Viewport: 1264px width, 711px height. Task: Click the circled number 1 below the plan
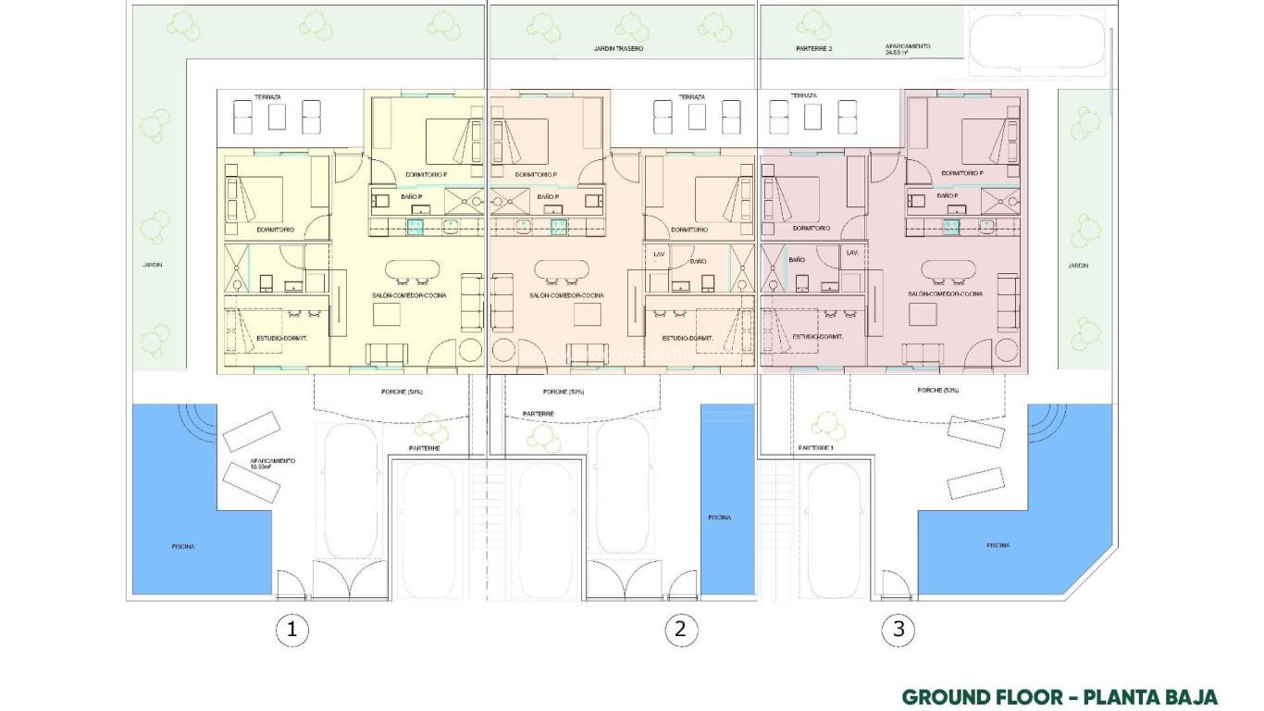pyautogui.click(x=292, y=630)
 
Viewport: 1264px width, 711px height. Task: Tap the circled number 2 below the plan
pyautogui.click(x=680, y=630)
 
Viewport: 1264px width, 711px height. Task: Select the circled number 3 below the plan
pyautogui.click(x=898, y=630)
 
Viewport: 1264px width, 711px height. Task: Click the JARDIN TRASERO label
pyautogui.click(x=618, y=48)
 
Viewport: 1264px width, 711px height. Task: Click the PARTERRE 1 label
pyautogui.click(x=816, y=448)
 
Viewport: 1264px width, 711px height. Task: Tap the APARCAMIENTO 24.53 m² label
pyautogui.click(x=907, y=49)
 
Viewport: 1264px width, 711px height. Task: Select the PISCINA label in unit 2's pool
pyautogui.click(x=719, y=518)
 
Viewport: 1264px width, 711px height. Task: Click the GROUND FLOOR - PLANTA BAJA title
pyautogui.click(x=1060, y=697)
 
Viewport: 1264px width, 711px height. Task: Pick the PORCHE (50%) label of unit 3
pyautogui.click(x=937, y=391)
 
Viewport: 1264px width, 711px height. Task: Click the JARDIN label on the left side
pyautogui.click(x=152, y=265)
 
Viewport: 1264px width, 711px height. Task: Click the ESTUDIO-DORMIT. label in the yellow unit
pyautogui.click(x=281, y=338)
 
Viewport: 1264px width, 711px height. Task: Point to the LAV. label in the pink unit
pyautogui.click(x=852, y=253)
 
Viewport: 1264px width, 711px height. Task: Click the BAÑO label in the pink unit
pyautogui.click(x=797, y=261)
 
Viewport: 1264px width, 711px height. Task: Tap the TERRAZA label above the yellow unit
pyautogui.click(x=267, y=96)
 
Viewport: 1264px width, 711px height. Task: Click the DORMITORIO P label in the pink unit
pyautogui.click(x=961, y=173)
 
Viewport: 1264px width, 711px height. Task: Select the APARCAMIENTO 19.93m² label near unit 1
pyautogui.click(x=272, y=464)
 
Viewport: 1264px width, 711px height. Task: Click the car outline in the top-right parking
pyautogui.click(x=1036, y=44)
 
